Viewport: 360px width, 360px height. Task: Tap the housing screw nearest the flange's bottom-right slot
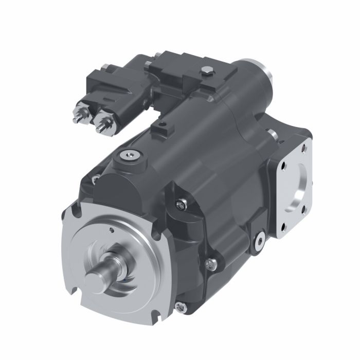coord(179,307)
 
